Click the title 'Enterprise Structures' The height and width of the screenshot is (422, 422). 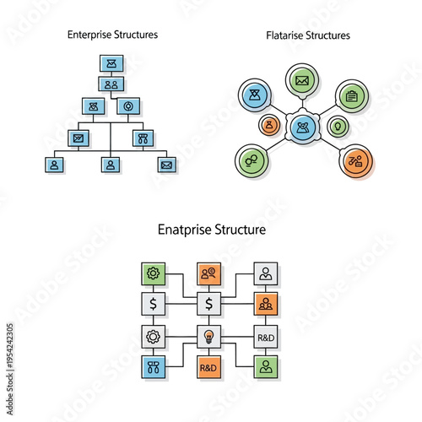112,35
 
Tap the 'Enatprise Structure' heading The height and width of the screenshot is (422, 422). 212,229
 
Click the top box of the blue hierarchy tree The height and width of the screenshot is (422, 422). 112,63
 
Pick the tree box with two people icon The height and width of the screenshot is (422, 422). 111,84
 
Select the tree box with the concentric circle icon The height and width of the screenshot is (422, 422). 128,107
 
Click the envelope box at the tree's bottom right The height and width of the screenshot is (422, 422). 166,165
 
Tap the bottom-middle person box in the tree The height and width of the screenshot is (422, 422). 111,165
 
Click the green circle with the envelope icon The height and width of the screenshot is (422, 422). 302,82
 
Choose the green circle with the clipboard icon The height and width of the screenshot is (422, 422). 351,95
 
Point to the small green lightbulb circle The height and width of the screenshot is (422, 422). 338,127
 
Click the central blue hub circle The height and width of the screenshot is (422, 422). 302,127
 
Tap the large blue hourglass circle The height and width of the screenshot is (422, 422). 254,95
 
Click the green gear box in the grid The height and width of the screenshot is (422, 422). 153,273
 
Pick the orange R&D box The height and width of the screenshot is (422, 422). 208,367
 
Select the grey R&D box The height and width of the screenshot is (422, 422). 266,336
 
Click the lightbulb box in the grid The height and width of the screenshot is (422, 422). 208,336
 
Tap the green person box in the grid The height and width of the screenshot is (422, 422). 266,366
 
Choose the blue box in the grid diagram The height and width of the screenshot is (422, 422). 153,366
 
